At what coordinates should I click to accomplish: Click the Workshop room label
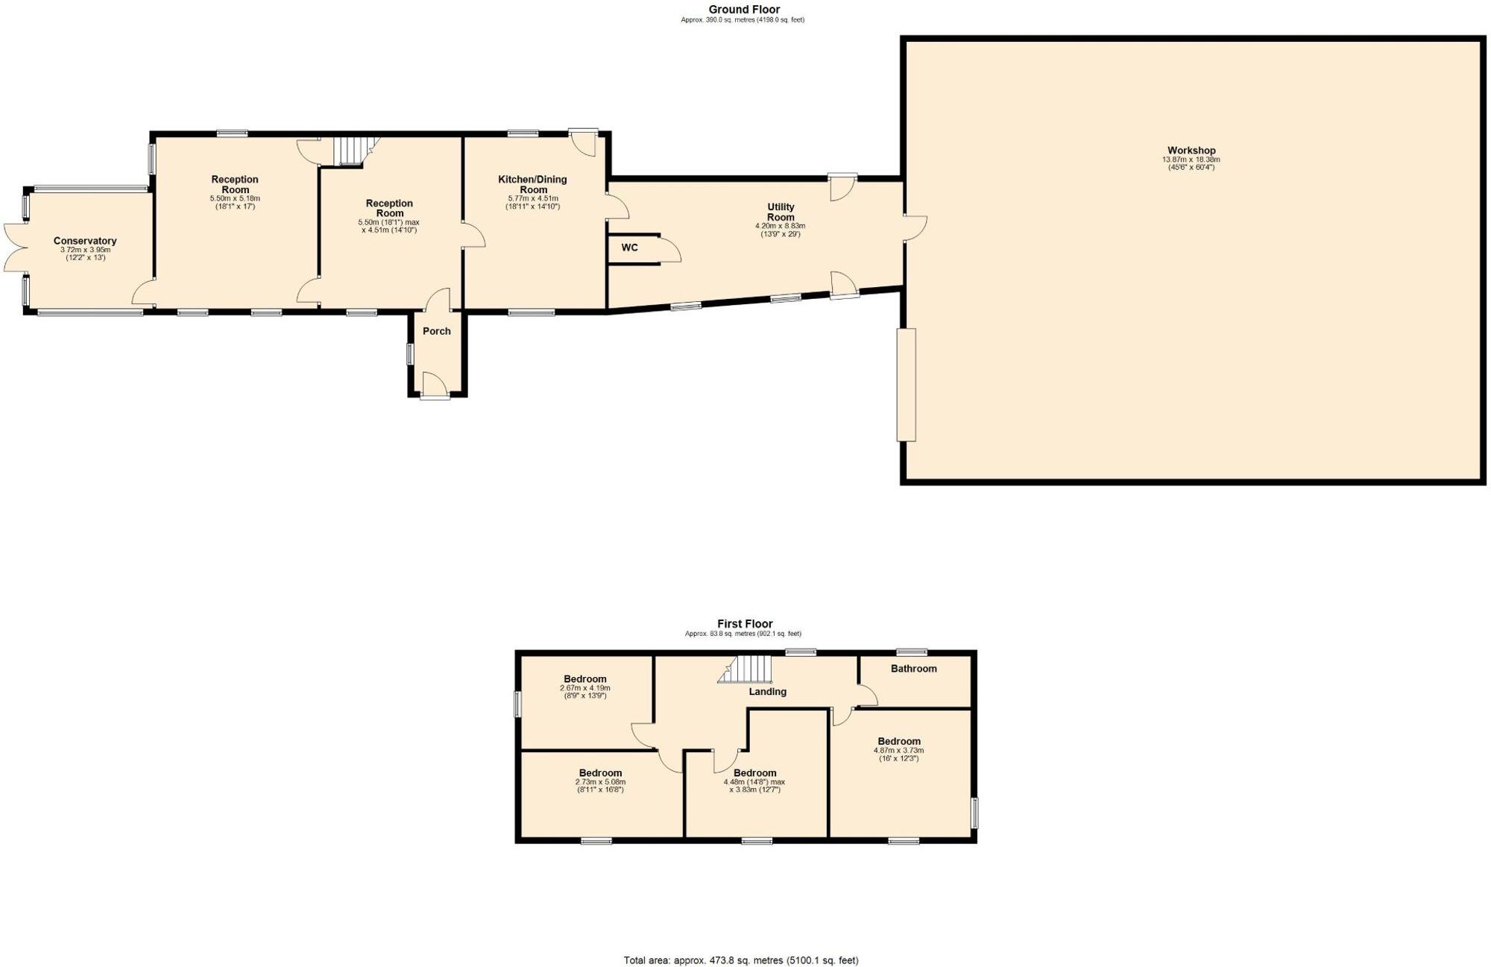[1191, 151]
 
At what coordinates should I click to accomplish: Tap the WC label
[629, 248]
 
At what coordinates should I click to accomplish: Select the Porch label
[437, 331]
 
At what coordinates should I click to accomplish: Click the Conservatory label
[85, 241]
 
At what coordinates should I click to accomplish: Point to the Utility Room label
[781, 212]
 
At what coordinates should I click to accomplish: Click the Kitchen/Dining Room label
[532, 184]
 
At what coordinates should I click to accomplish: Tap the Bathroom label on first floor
[913, 669]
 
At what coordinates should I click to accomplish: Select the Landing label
[767, 692]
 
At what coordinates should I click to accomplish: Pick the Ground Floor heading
[743, 10]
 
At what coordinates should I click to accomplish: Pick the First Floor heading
[745, 624]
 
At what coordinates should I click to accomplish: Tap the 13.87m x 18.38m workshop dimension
[1191, 160]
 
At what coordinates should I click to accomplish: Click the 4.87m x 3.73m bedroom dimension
[898, 751]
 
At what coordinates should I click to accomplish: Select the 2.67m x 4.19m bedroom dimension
[584, 688]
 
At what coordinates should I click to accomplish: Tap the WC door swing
[669, 250]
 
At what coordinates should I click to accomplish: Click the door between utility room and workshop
[915, 227]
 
